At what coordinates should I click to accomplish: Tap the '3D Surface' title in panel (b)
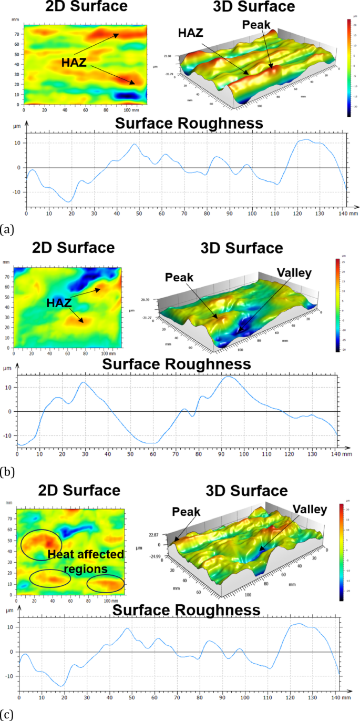[242, 248]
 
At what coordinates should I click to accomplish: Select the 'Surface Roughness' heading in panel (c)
[187, 610]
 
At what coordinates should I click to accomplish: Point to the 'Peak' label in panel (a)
[256, 25]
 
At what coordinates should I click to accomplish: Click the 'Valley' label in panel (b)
[295, 273]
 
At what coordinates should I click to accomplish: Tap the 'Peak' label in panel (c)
[185, 512]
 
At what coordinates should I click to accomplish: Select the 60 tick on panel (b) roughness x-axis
[153, 453]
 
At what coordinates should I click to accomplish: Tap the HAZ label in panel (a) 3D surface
[190, 33]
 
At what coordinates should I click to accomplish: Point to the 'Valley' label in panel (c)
[310, 509]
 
